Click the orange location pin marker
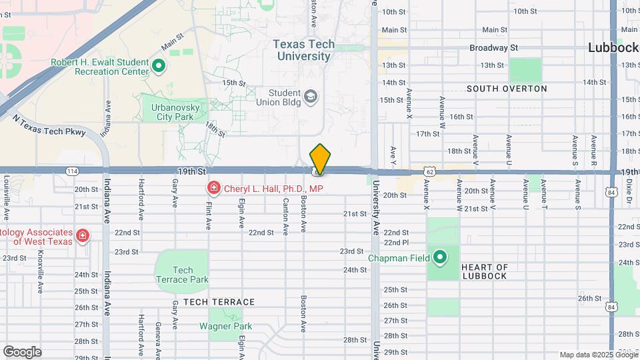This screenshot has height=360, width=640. click(x=320, y=159)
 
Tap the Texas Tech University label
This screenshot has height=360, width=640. click(x=304, y=50)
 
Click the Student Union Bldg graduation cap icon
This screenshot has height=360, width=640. click(x=311, y=97)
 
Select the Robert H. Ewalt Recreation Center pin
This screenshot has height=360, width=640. click(x=159, y=66)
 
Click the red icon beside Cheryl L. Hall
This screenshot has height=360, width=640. click(x=213, y=189)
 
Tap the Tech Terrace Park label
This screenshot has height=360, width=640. click(x=182, y=275)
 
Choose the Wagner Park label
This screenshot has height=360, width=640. click(x=226, y=326)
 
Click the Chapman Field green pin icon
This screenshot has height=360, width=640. click(x=439, y=257)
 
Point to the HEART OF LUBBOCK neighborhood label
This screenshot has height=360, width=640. click(x=484, y=271)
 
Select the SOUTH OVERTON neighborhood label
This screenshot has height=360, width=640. click(x=507, y=89)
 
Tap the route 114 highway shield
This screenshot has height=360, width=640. click(x=72, y=171)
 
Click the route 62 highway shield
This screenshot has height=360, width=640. click(x=430, y=171)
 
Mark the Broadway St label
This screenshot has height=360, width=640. click(x=493, y=48)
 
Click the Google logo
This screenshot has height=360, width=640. click(x=22, y=352)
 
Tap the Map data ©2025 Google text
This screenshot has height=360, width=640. click(x=598, y=355)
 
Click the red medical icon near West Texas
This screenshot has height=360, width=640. click(x=82, y=235)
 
